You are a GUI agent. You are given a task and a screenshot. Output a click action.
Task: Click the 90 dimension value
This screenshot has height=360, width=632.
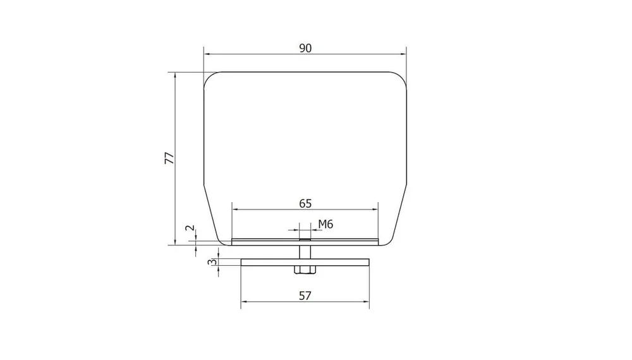click(305, 48)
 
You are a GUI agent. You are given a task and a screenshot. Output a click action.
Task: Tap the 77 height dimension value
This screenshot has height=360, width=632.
click(169, 158)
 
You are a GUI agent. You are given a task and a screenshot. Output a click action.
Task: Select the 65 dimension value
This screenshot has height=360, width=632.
click(305, 203)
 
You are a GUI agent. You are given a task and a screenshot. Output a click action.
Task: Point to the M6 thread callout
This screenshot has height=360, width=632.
click(325, 224)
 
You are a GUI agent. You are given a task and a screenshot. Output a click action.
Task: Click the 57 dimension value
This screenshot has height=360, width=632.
click(305, 296)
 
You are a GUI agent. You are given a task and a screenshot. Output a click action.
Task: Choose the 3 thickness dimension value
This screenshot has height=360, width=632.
click(212, 262)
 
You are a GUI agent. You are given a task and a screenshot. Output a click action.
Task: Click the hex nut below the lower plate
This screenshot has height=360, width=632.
click(305, 270)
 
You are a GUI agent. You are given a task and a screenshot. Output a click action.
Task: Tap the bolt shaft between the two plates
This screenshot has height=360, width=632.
click(305, 252)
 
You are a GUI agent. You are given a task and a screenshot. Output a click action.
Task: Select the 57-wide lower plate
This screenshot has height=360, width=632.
click(305, 262)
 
